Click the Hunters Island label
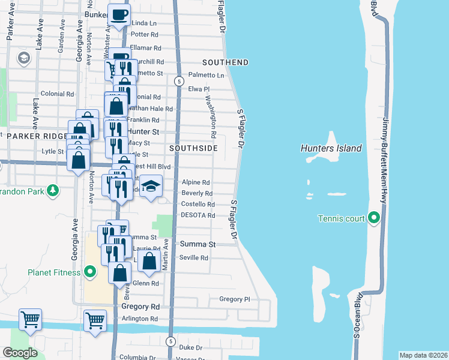pyautogui.click(x=331, y=148)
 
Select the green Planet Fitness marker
pyautogui.click(x=91, y=272)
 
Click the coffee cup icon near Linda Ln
pyautogui.click(x=119, y=15)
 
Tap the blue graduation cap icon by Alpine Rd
pyautogui.click(x=152, y=185)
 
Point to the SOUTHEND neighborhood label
pyautogui.click(x=225, y=62)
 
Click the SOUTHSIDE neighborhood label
pyautogui.click(x=191, y=148)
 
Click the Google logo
pyautogui.click(x=21, y=352)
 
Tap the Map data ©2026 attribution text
pyautogui.click(x=423, y=355)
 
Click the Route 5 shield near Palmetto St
pyautogui.click(x=178, y=80)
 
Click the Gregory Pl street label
pyautogui.click(x=234, y=299)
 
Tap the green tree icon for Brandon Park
pyautogui.click(x=53, y=190)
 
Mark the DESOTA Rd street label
pyautogui.click(x=198, y=215)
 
